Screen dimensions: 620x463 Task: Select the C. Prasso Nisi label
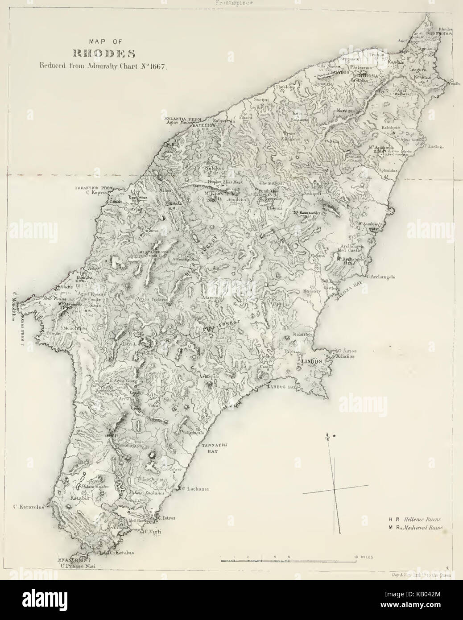point(78,566)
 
